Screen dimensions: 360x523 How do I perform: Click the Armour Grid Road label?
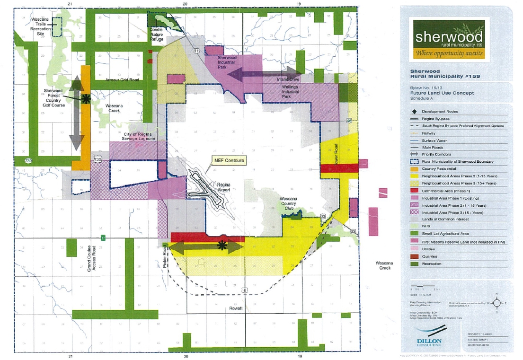point(113,80)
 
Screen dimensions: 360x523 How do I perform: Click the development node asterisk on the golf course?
point(86,99)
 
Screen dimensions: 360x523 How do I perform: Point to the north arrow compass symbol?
point(496,303)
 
